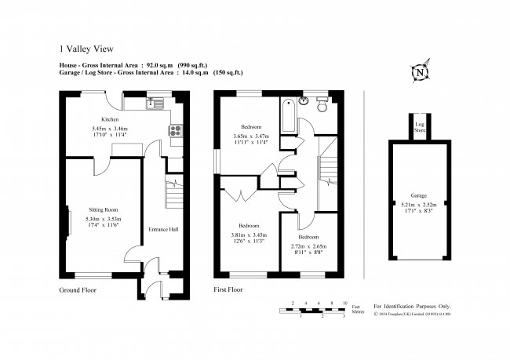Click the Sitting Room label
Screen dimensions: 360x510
103,210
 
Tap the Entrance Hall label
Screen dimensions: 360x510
163,230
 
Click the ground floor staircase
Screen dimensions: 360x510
174,192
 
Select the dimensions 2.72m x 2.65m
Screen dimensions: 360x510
308,246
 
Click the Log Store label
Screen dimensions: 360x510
420,126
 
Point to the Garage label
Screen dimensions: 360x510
418,196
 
